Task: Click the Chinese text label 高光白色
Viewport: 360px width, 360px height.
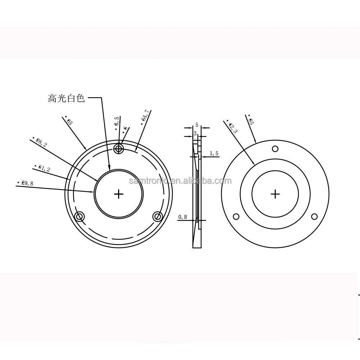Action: [66, 98]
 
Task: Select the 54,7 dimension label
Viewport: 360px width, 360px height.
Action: [145, 117]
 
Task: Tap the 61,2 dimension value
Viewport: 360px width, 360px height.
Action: [43, 168]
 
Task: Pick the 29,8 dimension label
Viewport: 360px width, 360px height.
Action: [26, 183]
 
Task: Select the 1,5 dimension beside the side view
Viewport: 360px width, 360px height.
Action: [214, 153]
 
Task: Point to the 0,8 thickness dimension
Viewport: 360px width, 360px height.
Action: [183, 217]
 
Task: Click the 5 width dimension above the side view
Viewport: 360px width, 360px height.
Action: [197, 125]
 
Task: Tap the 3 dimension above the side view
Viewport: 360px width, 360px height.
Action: [195, 134]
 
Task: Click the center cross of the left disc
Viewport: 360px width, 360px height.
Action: [118, 194]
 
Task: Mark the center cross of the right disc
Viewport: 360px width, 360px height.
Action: [275, 194]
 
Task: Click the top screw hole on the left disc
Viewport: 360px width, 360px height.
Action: [119, 148]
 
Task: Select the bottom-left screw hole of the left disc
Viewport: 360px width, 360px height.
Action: [79, 217]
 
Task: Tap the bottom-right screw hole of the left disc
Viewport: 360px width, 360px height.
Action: [158, 217]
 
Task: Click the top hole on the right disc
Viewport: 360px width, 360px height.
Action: [275, 149]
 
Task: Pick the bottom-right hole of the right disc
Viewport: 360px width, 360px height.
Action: [314, 217]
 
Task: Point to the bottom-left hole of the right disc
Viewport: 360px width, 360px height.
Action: [236, 217]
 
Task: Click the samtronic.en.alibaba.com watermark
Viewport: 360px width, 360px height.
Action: [180, 181]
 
